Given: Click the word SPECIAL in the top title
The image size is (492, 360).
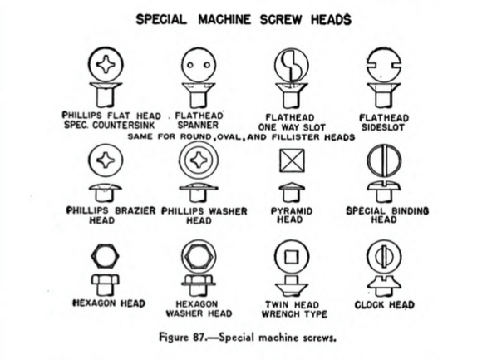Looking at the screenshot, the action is point(161,19).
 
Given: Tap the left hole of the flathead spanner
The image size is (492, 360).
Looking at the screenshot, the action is point(189,65).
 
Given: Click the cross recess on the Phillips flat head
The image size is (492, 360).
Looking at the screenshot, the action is point(106,65).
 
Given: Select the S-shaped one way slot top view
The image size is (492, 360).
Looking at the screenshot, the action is point(292,66).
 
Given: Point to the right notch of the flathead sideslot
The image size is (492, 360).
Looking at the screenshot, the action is point(396,66).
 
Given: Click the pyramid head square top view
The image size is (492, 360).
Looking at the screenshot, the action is point(292,160).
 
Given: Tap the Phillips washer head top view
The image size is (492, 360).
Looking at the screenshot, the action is point(199,160).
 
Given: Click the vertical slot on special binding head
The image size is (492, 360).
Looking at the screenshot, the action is point(384,160).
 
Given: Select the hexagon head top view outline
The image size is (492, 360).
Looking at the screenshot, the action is point(105,257).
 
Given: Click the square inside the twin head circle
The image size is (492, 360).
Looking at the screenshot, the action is point(292,258).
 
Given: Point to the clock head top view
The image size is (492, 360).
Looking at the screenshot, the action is point(384,257).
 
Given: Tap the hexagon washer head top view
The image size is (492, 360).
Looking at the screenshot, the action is point(199,257).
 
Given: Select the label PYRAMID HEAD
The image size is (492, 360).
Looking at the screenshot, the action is point(292,215).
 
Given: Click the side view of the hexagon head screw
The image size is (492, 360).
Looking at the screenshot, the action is point(105,285).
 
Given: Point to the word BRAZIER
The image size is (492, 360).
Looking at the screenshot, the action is point(135,210).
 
